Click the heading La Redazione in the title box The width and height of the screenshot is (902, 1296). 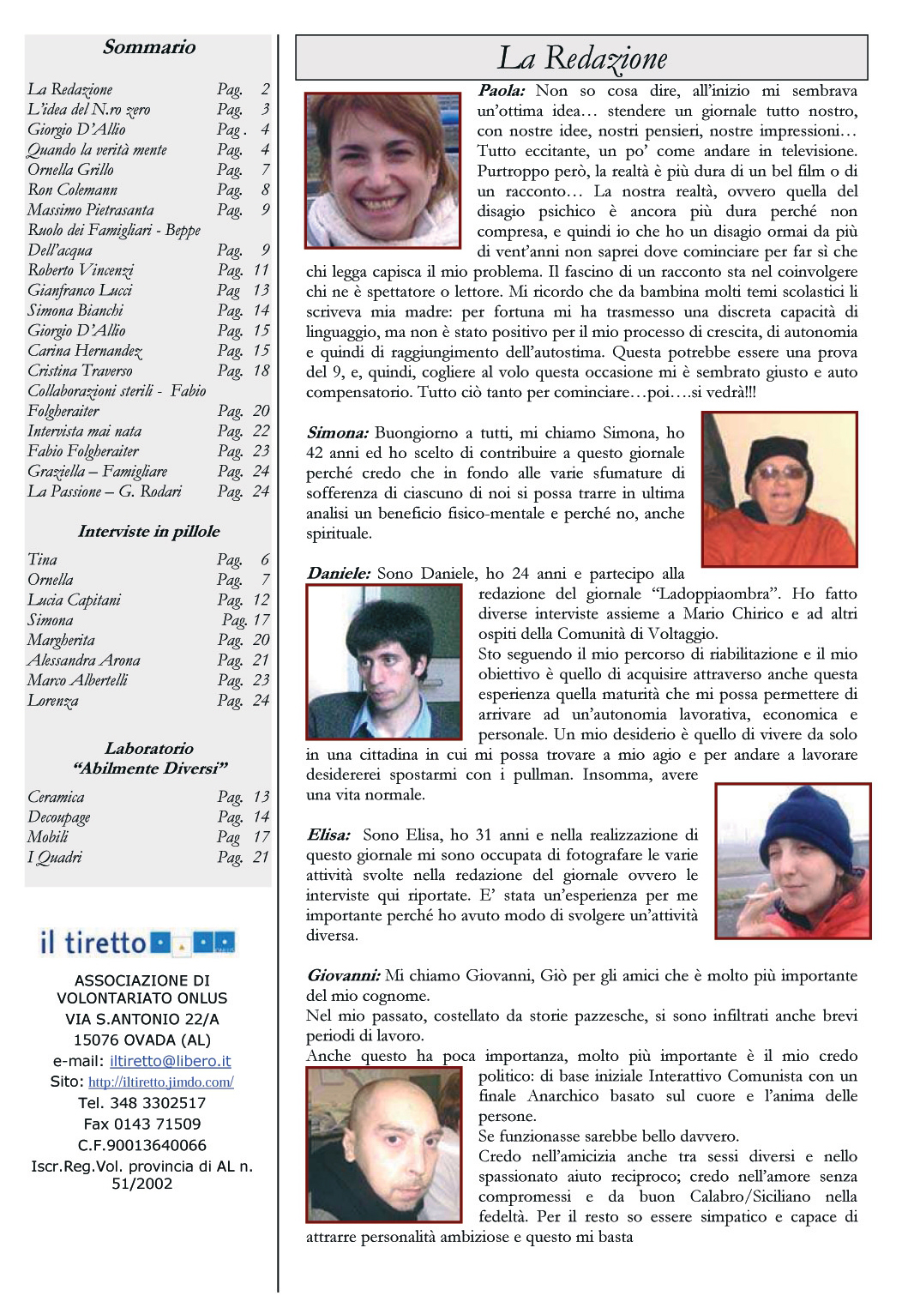coord(582,58)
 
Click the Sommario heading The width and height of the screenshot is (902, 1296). coord(149,47)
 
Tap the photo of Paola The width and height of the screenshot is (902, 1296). coord(382,170)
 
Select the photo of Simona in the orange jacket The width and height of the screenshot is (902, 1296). coord(779,490)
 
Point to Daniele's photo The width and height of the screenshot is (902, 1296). coord(384,661)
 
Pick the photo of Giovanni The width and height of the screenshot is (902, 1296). coord(383,1144)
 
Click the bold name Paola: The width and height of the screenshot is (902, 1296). coord(502,91)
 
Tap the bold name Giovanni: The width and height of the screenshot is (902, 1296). coord(343,976)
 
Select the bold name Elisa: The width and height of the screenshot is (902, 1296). coord(328,835)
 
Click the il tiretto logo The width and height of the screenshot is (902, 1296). coord(137,943)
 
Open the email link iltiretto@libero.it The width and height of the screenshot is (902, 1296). coord(170,1061)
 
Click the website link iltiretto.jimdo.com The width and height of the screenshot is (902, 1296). coord(161,1082)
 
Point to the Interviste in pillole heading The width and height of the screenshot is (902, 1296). coord(148,532)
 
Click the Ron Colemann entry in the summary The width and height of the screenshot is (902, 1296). coord(72,190)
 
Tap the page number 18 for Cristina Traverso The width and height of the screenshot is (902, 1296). coord(262,371)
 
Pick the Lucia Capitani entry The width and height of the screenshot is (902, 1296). coord(74,600)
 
